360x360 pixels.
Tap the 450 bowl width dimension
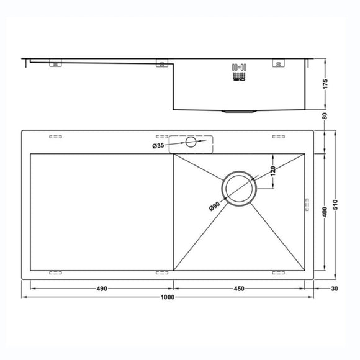pos(239,289)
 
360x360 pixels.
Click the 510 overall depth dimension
pos(336,205)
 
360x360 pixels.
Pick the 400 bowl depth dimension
pos(324,212)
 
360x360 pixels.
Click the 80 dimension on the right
pos(325,116)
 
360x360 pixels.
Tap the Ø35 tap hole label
pos(159,146)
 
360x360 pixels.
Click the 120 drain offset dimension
pos(272,171)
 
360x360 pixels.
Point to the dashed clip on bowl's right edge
pos(305,204)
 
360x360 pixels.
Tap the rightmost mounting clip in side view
pos(277,63)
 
